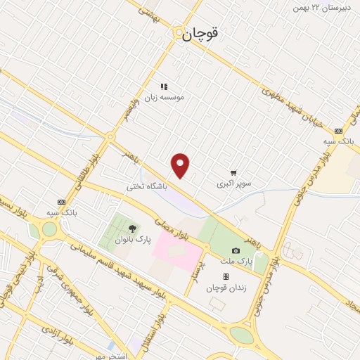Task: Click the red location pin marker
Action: pyautogui.click(x=181, y=165)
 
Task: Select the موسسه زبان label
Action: pyautogui.click(x=164, y=97)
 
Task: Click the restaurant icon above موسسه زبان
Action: pyautogui.click(x=164, y=86)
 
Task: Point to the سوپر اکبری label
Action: pyautogui.click(x=233, y=184)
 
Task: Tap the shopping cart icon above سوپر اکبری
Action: pyautogui.click(x=233, y=173)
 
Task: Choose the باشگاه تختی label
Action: pyautogui.click(x=146, y=187)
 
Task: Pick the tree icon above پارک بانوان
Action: pyautogui.click(x=131, y=229)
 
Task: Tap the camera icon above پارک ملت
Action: pyautogui.click(x=236, y=251)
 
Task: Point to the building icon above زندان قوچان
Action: pyautogui.click(x=225, y=277)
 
